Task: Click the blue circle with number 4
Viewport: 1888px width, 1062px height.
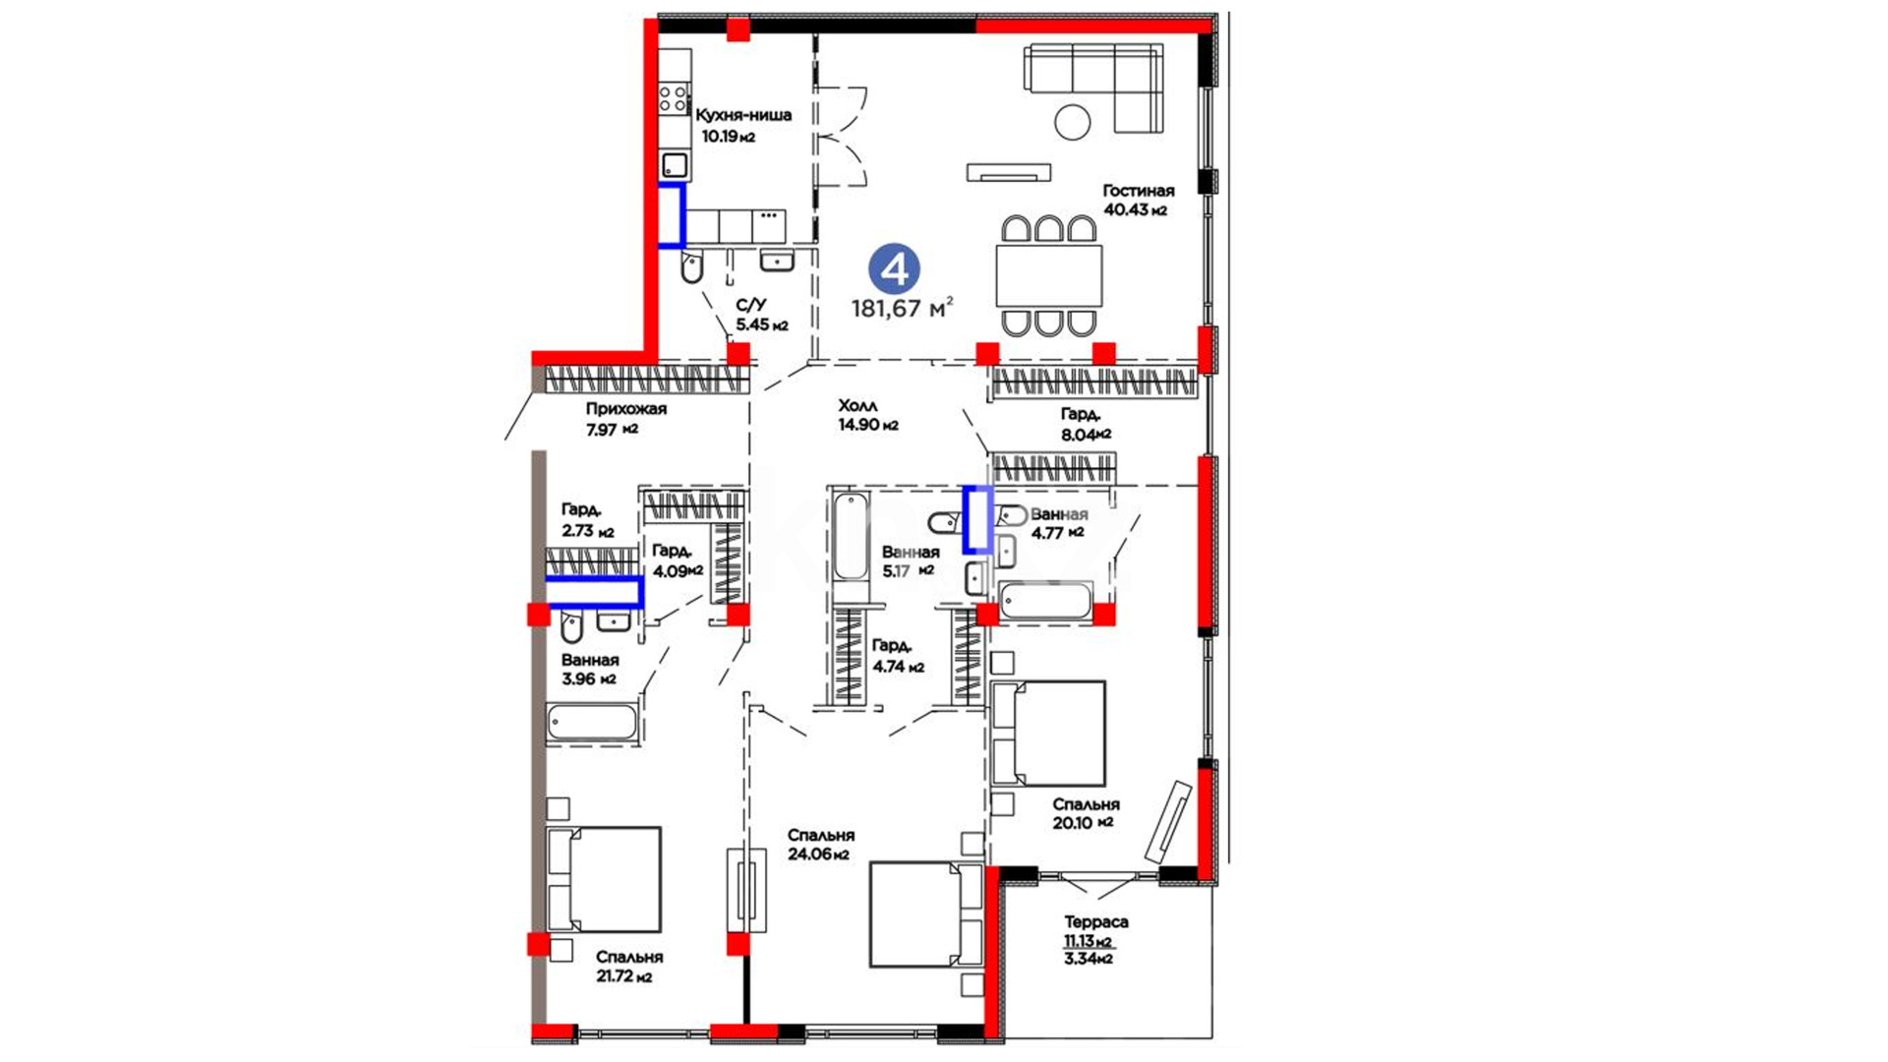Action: tap(894, 268)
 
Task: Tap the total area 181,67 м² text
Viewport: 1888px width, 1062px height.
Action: tap(902, 309)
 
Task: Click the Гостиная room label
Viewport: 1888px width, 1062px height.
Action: tap(1138, 191)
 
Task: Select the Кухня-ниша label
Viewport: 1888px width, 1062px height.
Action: tap(743, 115)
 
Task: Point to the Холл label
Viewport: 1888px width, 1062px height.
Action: tap(857, 405)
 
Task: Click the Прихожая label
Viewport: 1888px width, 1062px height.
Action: tap(626, 409)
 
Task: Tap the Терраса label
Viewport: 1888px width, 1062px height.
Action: tap(1096, 922)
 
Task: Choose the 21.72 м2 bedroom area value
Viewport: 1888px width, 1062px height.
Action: tap(623, 977)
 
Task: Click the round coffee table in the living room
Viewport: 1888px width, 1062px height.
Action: tap(1073, 122)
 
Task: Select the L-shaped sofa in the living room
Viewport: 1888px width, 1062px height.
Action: tap(1093, 86)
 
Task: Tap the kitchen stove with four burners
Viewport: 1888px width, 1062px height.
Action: tap(674, 98)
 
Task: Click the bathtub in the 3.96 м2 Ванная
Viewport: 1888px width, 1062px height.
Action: tap(592, 723)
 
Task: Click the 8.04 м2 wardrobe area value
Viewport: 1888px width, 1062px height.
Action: tap(1086, 434)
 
